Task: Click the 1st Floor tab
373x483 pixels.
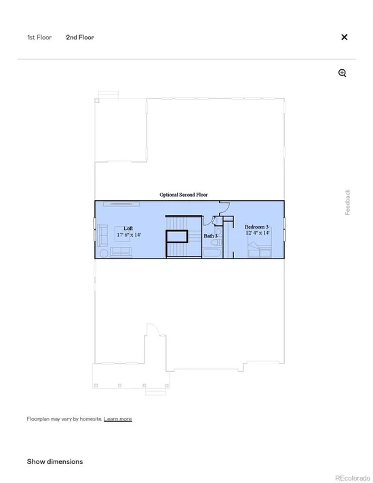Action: pos(39,37)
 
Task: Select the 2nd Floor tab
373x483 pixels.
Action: pos(80,37)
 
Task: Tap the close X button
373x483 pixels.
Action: pos(345,37)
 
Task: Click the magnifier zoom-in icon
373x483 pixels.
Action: pos(342,73)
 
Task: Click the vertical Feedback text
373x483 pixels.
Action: pos(347,202)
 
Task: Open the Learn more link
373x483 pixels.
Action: pos(117,419)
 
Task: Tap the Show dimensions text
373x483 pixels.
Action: pos(55,461)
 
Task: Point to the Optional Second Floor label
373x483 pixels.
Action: pos(184,195)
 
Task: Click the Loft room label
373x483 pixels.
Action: pos(128,228)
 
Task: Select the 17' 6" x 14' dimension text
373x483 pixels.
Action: pos(129,235)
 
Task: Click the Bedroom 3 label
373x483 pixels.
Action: pos(256,227)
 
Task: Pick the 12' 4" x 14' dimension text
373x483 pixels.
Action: pos(258,233)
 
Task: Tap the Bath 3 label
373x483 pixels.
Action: pos(211,236)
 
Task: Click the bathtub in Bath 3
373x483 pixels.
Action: pos(212,253)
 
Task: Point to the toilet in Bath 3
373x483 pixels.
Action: pos(216,242)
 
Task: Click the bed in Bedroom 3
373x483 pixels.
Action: pos(260,250)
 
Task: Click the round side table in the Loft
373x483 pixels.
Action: pos(104,254)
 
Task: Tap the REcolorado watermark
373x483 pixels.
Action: pos(353,478)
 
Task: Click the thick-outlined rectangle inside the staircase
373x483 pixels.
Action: pos(177,236)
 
